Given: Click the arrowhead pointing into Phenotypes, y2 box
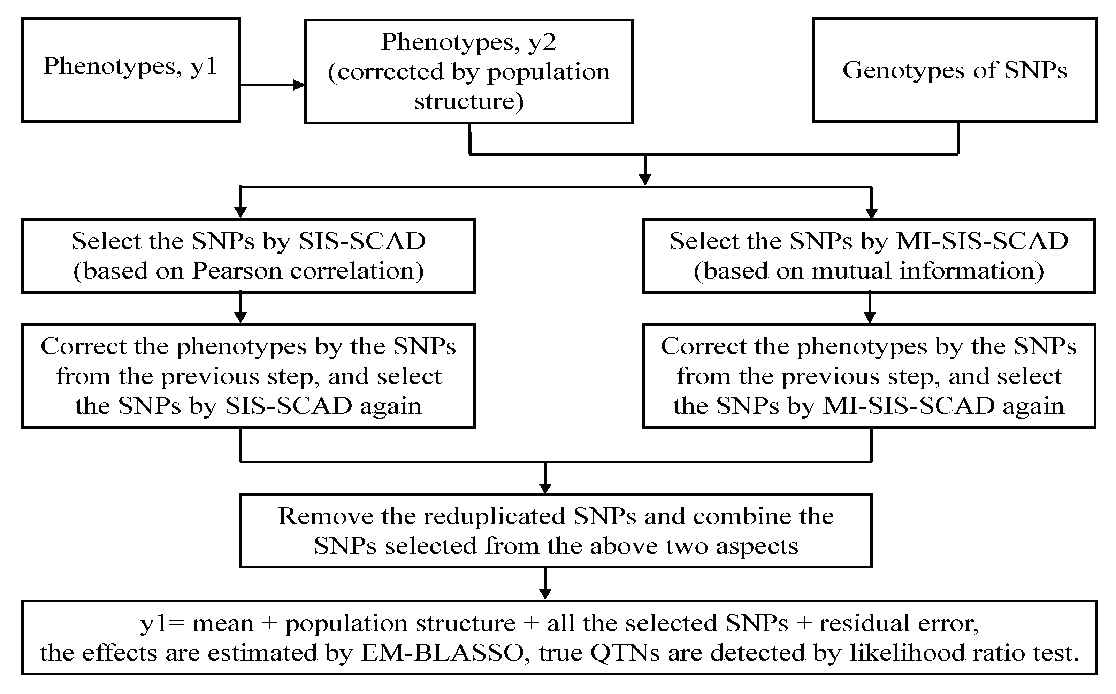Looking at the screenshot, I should coord(299,85).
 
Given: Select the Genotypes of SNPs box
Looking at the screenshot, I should coord(955,70).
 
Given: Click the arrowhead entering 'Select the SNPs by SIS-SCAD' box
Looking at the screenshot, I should coord(240,212).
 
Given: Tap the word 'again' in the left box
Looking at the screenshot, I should coord(390,406).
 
